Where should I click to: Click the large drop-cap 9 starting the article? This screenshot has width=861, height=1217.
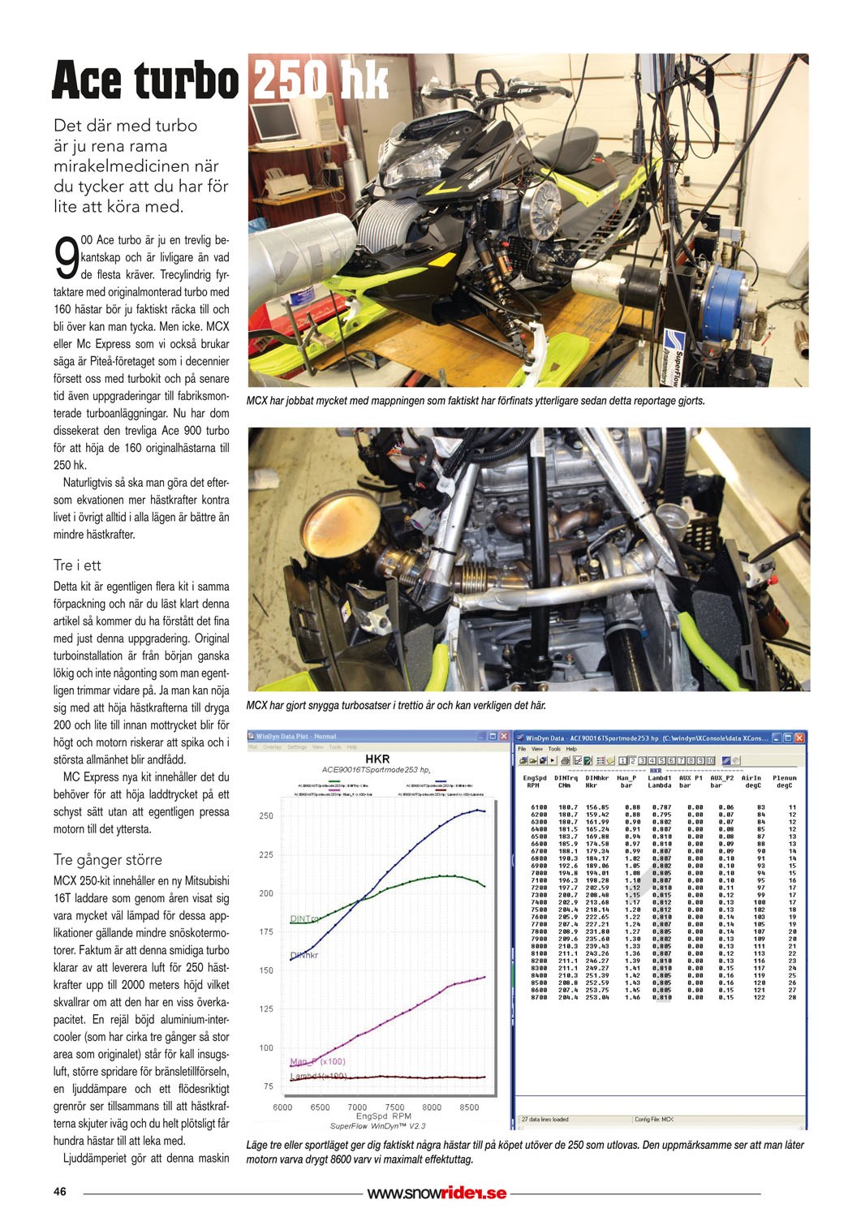click(x=66, y=258)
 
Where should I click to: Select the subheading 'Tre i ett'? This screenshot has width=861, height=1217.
click(x=77, y=565)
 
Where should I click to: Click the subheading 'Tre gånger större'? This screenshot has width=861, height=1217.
click(x=107, y=860)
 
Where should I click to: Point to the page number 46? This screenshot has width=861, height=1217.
click(x=60, y=1192)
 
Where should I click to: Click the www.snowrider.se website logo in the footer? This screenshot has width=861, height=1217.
click(x=437, y=1193)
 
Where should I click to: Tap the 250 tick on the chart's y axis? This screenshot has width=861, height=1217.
click(x=266, y=816)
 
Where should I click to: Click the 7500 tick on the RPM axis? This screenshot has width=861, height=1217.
click(x=394, y=1107)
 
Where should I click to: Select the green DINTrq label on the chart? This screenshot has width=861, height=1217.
click(x=304, y=919)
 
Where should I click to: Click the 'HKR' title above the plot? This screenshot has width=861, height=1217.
click(x=377, y=759)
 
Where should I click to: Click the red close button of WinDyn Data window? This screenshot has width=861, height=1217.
click(x=799, y=738)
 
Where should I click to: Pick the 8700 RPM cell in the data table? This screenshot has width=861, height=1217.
click(x=538, y=997)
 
